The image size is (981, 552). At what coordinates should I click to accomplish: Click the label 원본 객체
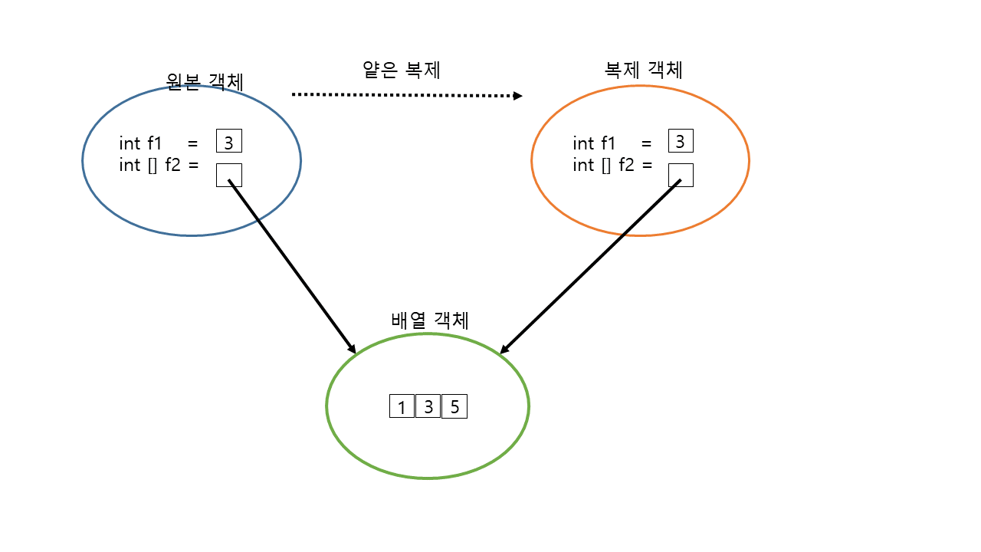(x=205, y=81)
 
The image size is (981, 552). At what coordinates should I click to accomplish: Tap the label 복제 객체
(x=643, y=70)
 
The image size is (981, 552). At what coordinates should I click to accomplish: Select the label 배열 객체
(x=429, y=320)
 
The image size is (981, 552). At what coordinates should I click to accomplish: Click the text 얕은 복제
(x=401, y=70)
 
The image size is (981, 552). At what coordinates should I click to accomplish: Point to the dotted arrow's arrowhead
(x=518, y=96)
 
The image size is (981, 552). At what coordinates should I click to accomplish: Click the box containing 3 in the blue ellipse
(x=229, y=142)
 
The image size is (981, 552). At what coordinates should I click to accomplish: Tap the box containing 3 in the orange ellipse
(x=681, y=141)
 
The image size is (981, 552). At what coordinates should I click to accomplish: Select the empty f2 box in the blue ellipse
(x=229, y=175)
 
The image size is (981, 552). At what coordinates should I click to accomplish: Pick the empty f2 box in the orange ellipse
(x=681, y=175)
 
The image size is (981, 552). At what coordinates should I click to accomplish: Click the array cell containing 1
(x=402, y=406)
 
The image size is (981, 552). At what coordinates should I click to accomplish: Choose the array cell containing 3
(x=428, y=406)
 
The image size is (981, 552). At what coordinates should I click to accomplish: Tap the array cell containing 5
(x=454, y=406)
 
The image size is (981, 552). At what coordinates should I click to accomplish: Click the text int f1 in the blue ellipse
(x=140, y=143)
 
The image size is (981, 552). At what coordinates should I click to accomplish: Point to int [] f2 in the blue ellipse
(x=149, y=165)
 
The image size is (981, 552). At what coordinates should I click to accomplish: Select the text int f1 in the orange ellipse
(x=594, y=143)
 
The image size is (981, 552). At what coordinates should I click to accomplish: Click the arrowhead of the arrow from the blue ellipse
(x=352, y=349)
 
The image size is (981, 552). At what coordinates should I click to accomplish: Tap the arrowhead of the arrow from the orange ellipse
(x=504, y=350)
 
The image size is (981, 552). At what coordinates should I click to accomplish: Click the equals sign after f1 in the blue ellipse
(x=192, y=143)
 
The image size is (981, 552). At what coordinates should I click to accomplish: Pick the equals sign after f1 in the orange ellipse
(x=646, y=143)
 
